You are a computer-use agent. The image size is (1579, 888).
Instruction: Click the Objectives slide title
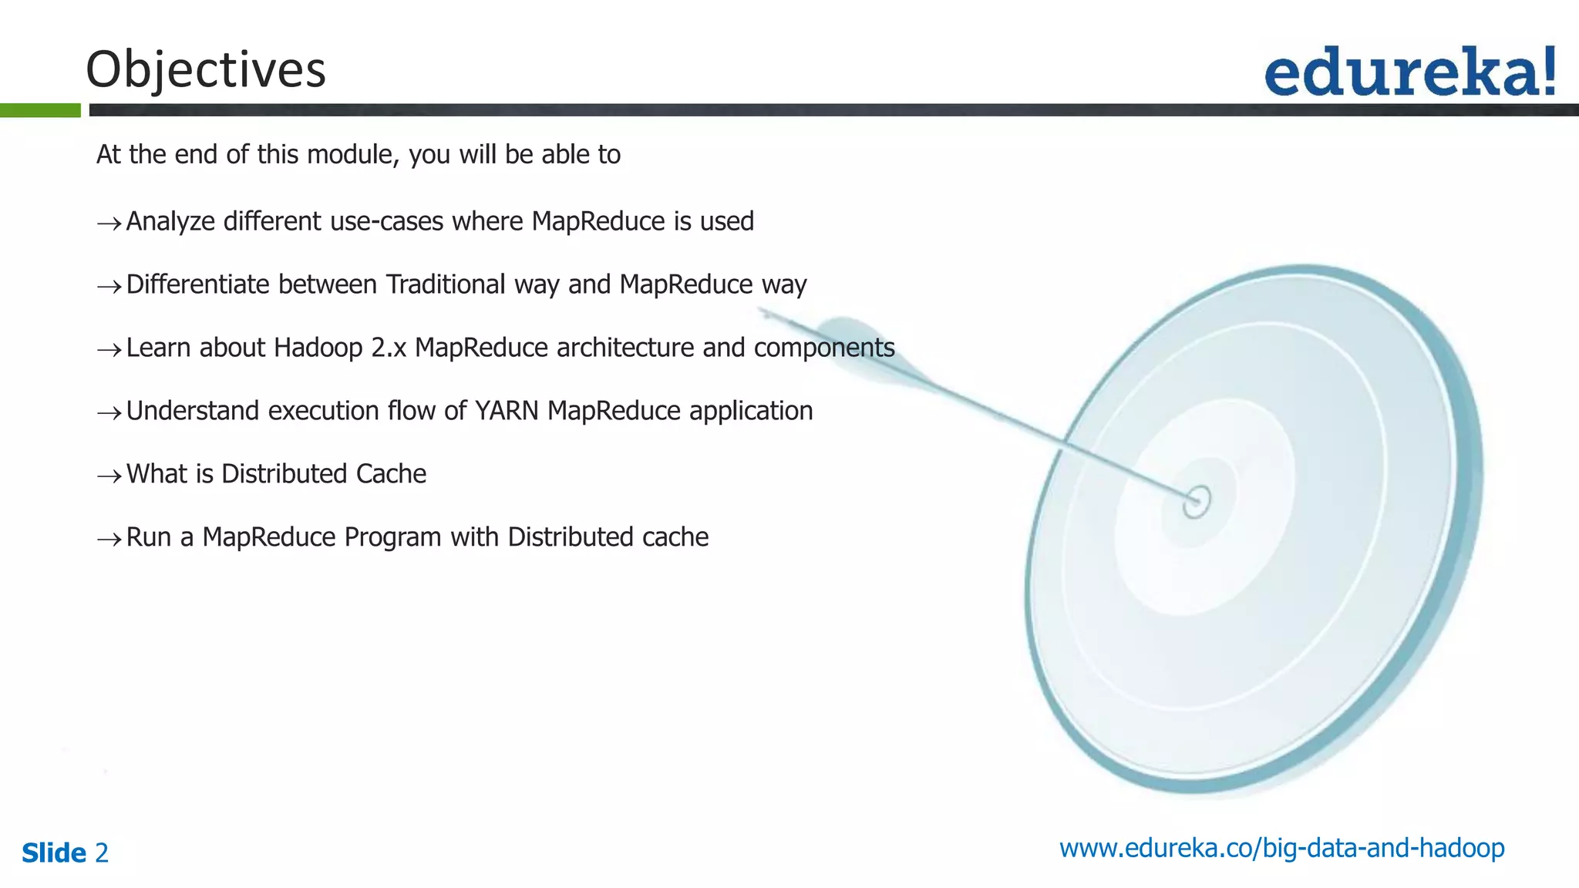coord(206,69)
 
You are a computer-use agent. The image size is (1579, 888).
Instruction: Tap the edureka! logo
coord(1410,72)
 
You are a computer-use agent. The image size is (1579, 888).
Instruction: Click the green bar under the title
coord(40,110)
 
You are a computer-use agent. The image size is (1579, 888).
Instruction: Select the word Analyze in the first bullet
coord(170,222)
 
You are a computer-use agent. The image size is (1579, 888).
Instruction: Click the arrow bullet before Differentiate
coord(109,287)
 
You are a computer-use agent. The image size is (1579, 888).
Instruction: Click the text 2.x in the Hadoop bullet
coord(389,348)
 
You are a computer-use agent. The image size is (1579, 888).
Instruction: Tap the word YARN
coord(507,411)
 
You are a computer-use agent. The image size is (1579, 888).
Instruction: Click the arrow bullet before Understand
coord(109,413)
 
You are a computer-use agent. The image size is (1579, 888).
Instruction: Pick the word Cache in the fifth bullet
coord(391,474)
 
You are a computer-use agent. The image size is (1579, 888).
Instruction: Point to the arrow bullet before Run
coord(109,540)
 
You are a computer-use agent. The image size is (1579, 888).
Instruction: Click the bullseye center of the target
coord(1197,502)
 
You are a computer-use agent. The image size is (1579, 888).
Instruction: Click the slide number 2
coord(102,853)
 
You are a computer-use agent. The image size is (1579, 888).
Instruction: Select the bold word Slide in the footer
coord(54,853)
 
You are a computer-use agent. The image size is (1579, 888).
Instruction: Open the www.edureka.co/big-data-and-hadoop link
coord(1281,849)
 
